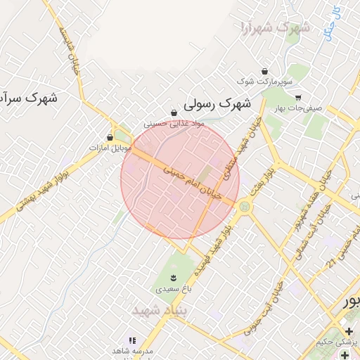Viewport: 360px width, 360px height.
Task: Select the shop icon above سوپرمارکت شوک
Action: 264,71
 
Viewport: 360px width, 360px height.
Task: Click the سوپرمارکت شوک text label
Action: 262,82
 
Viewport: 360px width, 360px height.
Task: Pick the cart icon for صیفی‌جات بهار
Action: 298,98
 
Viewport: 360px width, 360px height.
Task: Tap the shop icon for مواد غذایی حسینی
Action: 174,112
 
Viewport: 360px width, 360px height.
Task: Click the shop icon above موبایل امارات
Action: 110,137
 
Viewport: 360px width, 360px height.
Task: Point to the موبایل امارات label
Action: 107,148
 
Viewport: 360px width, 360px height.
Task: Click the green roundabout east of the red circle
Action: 244,207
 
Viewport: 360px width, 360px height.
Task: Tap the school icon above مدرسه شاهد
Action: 131,340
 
